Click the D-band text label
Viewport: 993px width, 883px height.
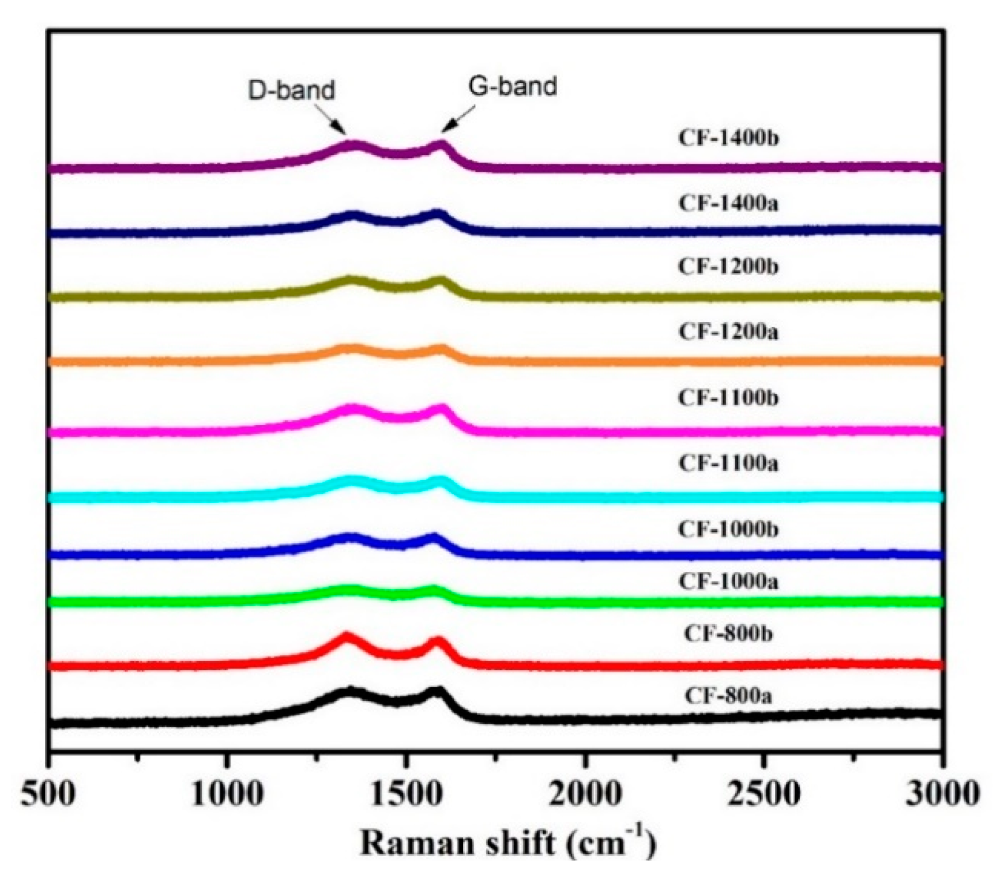[292, 91]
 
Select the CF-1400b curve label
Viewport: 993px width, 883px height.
[728, 138]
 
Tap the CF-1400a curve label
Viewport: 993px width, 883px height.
[728, 203]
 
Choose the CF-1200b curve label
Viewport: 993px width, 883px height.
[728, 267]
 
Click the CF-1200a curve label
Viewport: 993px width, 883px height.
[728, 332]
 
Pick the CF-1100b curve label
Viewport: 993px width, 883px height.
[728, 398]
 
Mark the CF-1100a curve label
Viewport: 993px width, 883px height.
[728, 463]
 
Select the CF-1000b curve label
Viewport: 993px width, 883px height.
[728, 529]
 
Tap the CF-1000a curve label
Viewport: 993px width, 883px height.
[728, 582]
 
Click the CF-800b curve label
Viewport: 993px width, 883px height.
[728, 633]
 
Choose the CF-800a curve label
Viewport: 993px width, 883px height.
[728, 696]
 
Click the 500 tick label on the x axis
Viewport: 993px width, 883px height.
[48, 795]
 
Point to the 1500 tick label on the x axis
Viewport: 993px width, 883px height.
[406, 795]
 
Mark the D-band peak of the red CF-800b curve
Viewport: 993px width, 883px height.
[346, 636]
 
